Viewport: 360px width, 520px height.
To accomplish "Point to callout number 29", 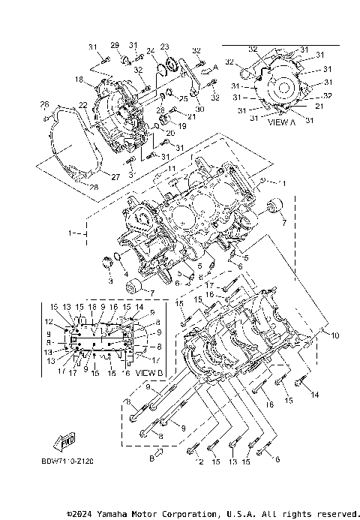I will [115, 45].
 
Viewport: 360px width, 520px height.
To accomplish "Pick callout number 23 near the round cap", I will [165, 47].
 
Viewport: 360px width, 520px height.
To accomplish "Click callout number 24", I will [150, 51].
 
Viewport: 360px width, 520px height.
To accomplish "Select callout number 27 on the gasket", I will [116, 177].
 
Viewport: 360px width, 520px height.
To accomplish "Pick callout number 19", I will [182, 126].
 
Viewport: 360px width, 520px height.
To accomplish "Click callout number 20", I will [169, 134].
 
